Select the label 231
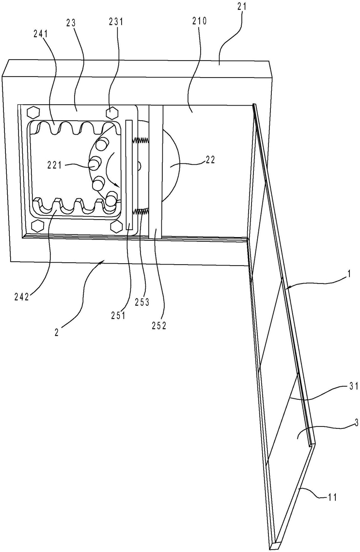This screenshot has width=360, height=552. pyautogui.click(x=116, y=22)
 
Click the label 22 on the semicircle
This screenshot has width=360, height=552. pyautogui.click(x=210, y=159)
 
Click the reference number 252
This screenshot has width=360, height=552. pyautogui.click(x=159, y=326)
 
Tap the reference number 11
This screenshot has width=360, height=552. pyautogui.click(x=332, y=497)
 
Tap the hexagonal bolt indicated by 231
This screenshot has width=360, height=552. pyautogui.click(x=112, y=112)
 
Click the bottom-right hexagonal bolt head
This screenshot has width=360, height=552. pyautogui.click(x=116, y=226)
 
